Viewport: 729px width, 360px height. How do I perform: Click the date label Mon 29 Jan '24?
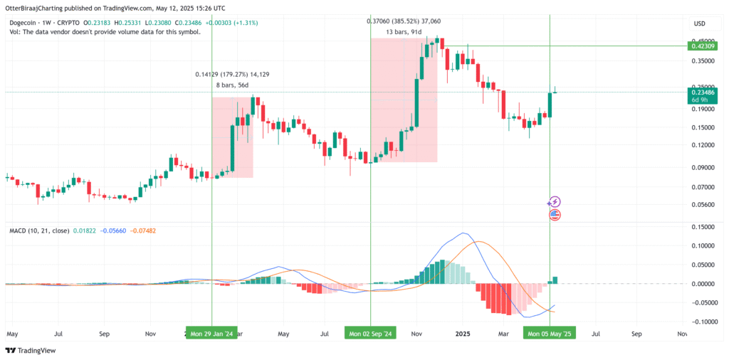[212, 332]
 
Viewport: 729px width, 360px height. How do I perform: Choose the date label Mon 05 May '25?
[550, 332]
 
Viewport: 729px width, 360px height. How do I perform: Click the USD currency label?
[699, 23]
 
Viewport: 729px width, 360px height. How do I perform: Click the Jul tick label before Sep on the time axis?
[59, 333]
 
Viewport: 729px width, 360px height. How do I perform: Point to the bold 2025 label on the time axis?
[463, 333]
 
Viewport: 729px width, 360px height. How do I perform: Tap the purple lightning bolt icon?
[555, 202]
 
